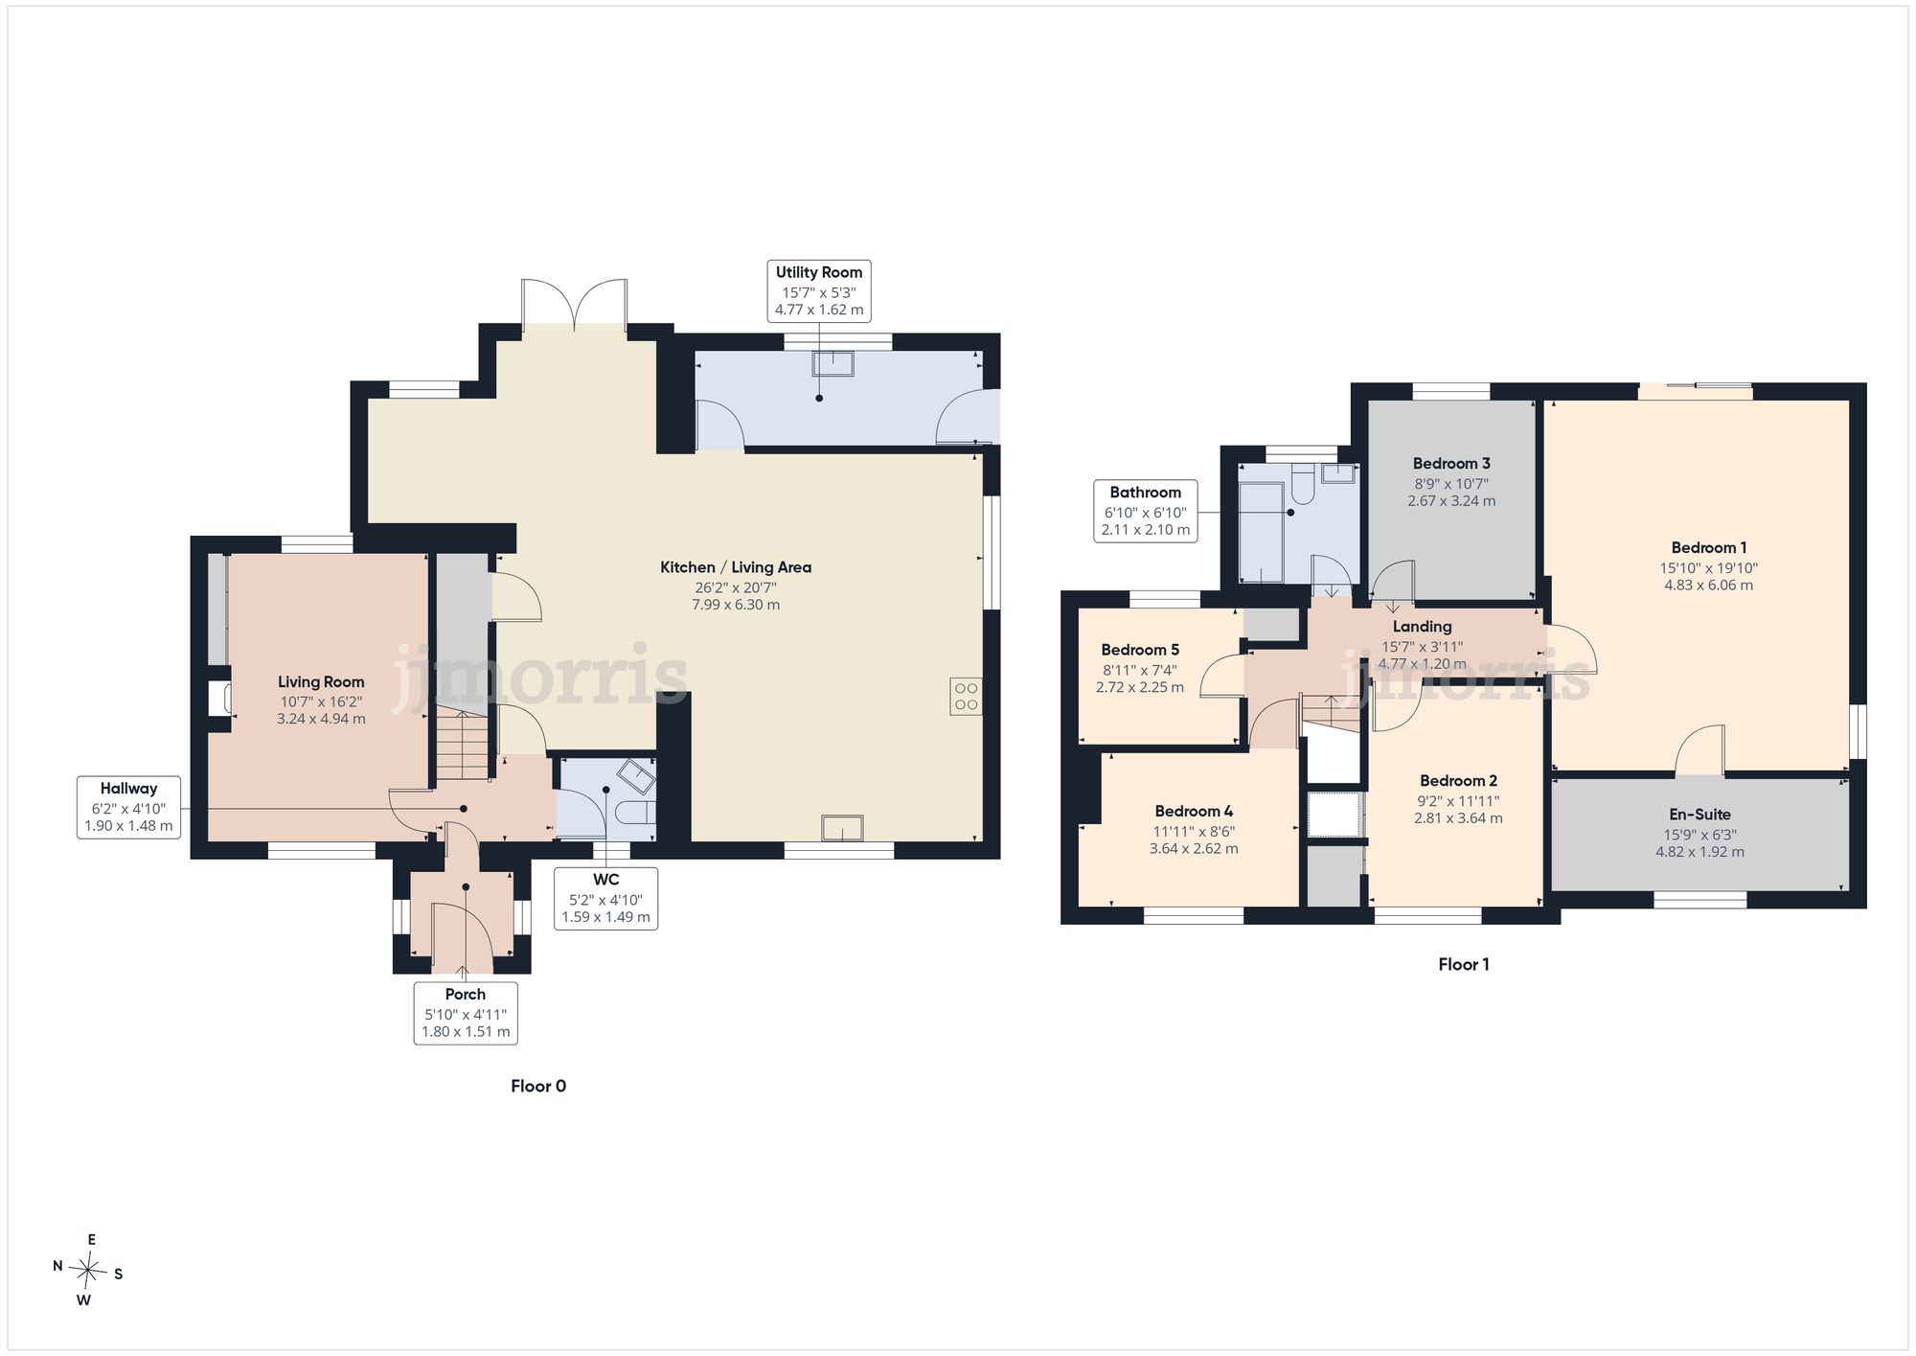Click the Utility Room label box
(x=819, y=290)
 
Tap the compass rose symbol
(x=88, y=1271)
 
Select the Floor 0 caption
(x=538, y=1086)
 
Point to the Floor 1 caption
(x=1464, y=964)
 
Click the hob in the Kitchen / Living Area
(x=967, y=697)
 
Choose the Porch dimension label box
(x=466, y=1013)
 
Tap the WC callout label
(x=605, y=898)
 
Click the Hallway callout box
(x=128, y=807)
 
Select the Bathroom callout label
(x=1146, y=511)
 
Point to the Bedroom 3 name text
(x=1451, y=464)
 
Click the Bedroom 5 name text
(x=1140, y=650)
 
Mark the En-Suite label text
(x=1699, y=815)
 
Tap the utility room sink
(x=833, y=363)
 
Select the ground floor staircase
(x=464, y=744)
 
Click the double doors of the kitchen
(x=575, y=305)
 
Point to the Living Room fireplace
(x=219, y=697)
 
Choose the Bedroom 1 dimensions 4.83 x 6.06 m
(x=1708, y=586)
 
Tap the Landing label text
(x=1422, y=627)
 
